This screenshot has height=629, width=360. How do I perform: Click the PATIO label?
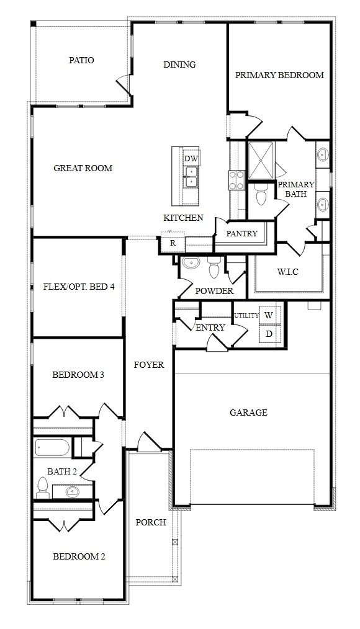[81, 60]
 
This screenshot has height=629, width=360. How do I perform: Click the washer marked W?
[269, 315]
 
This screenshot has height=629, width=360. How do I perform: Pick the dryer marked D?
[269, 334]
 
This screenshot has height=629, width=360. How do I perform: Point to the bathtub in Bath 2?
[52, 448]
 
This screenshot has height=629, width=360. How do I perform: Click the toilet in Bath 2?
[42, 488]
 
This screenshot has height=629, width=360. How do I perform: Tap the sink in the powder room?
[191, 263]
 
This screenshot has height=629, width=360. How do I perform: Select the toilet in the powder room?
[214, 267]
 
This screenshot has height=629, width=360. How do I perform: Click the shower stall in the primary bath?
[261, 161]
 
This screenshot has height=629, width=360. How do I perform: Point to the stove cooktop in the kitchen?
[236, 180]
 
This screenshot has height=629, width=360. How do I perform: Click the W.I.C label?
[287, 272]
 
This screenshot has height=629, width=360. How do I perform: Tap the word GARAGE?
[248, 413]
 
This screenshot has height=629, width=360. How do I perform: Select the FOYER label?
[149, 365]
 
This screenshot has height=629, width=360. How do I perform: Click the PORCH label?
[150, 522]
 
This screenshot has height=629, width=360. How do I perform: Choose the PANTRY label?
[241, 233]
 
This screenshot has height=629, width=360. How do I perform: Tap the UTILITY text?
[246, 315]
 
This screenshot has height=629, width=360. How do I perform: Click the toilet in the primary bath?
[261, 195]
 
